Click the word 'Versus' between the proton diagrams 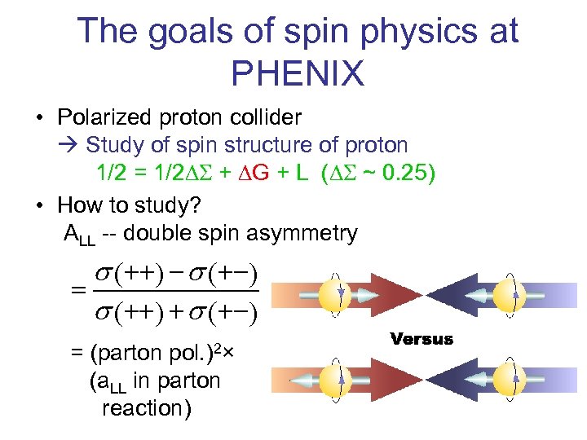tap(421, 339)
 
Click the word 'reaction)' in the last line tap(147, 407)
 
